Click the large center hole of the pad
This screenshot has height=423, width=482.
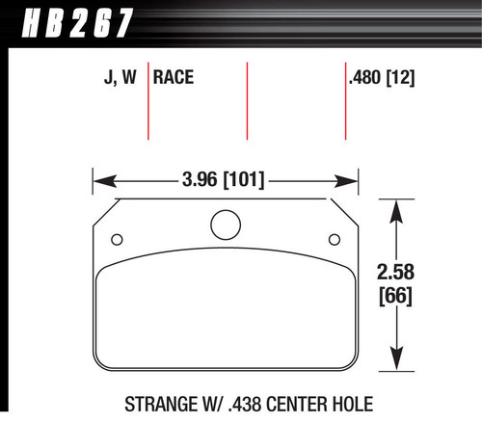coord(225,225)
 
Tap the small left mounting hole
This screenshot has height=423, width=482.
coord(118,240)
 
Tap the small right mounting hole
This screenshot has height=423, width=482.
coord(334,240)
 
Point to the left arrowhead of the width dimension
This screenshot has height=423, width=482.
coord(98,179)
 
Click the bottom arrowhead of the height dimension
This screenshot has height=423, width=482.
coord(397,363)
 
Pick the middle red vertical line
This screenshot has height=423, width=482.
coord(248,101)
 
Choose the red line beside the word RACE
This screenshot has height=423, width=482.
coord(148,101)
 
